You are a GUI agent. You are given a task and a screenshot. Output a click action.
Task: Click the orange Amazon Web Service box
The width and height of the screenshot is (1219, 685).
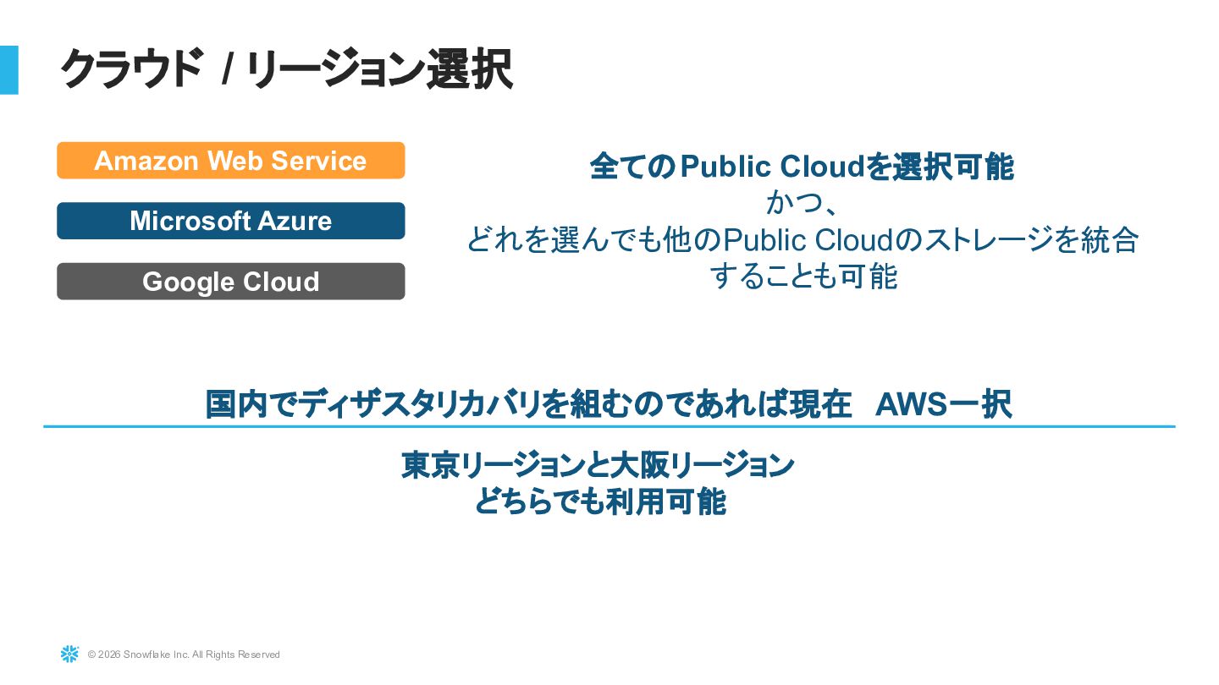click(230, 161)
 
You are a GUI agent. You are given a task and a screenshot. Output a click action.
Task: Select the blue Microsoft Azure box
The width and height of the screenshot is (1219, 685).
click(230, 221)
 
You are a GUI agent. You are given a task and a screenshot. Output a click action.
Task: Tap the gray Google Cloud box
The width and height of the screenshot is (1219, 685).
click(230, 282)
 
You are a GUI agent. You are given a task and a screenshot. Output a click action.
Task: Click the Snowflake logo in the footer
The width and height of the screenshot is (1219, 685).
click(69, 654)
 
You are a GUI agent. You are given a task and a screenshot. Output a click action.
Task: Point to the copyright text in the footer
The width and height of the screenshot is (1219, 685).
click(184, 655)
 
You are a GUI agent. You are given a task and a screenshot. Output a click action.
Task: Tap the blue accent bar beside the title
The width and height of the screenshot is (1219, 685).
click(8, 69)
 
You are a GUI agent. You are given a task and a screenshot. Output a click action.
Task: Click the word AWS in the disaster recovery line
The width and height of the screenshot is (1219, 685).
click(911, 404)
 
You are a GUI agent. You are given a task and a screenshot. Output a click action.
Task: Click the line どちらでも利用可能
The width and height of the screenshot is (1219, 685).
click(599, 502)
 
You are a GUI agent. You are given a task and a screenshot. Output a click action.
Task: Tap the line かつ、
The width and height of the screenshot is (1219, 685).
click(802, 203)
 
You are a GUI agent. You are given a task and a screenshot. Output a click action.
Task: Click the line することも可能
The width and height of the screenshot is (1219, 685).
click(803, 277)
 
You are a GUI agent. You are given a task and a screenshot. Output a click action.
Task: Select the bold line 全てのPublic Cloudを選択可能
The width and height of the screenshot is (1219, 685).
click(802, 167)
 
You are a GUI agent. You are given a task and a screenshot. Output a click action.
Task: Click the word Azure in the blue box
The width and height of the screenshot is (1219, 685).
click(295, 221)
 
